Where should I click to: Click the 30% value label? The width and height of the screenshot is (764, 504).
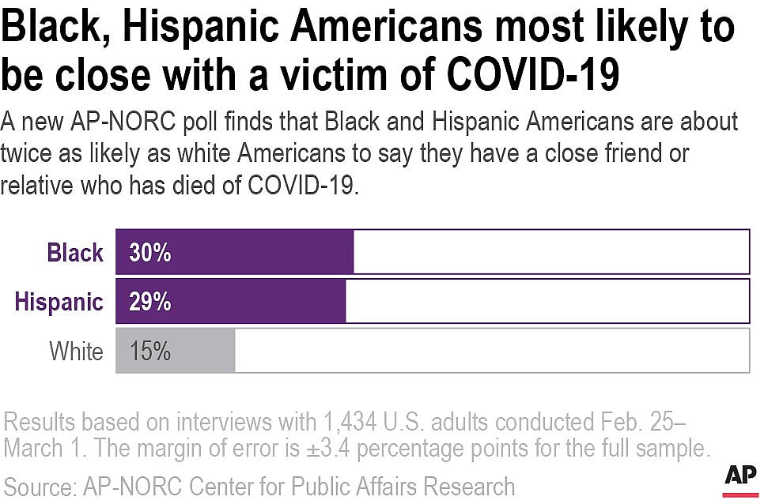click(150, 253)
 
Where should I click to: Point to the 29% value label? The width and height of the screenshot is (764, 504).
click(150, 302)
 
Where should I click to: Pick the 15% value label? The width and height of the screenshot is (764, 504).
click(150, 351)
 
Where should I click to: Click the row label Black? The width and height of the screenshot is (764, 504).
click(75, 253)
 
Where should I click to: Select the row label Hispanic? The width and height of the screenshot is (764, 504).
click(59, 302)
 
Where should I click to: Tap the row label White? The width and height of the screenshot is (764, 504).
click(76, 351)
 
